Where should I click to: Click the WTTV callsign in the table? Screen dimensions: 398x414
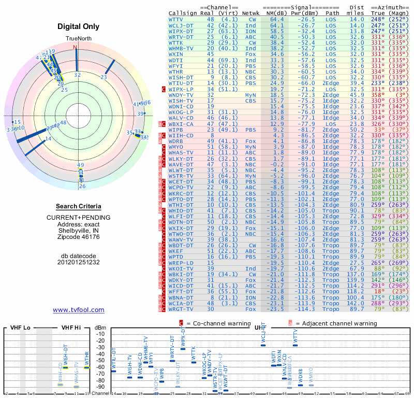point(176,19)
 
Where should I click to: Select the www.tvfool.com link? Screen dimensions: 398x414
point(79,310)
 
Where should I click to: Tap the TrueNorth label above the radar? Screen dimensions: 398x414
point(78,39)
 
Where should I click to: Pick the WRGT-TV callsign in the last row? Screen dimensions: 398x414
point(181,309)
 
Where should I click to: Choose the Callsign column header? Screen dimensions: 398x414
point(183,13)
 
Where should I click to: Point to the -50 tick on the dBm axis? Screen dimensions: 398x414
point(100,360)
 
